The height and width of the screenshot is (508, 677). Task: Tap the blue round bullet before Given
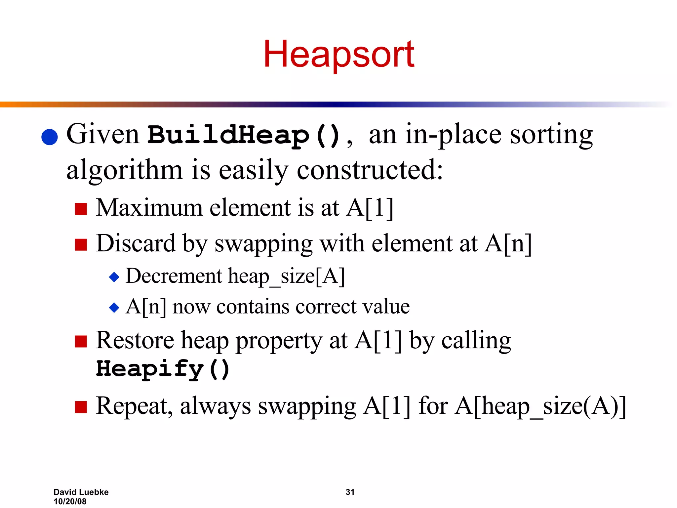pos(50,137)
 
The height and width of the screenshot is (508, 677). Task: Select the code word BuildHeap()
pos(244,135)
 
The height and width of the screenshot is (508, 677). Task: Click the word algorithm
pos(124,170)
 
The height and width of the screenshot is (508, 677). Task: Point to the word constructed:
pos(370,170)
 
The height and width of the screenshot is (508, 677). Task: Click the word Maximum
pos(149,208)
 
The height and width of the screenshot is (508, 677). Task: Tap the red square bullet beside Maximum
pos(81,209)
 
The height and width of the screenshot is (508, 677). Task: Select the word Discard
pos(136,244)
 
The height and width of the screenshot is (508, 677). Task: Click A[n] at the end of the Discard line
pos(508,244)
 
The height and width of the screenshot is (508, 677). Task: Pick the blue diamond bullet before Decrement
pos(114,277)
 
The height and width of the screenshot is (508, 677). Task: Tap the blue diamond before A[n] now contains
pos(114,308)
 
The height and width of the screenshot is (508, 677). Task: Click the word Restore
pos(135,340)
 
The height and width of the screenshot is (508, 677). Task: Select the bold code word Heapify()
pos(163,369)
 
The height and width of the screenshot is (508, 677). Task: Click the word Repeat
pos(134,406)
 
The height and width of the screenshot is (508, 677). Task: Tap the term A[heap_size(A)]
pos(540,406)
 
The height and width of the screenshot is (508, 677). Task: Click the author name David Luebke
pos(81,492)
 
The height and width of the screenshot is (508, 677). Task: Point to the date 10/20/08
pos(70,501)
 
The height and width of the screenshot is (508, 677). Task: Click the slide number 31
pos(350,492)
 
